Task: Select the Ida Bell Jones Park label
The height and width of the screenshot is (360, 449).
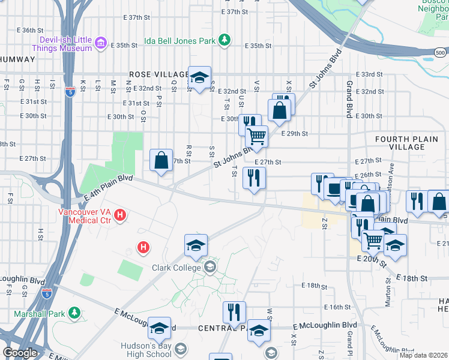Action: coord(179,41)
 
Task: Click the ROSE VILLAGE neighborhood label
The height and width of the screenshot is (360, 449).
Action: coord(151,74)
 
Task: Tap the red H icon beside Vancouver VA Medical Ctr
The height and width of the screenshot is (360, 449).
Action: coord(120,214)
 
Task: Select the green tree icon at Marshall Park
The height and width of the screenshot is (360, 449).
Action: coord(74,313)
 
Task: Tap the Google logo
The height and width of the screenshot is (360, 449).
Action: coord(19,353)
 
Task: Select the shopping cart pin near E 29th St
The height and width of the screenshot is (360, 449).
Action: coord(256,136)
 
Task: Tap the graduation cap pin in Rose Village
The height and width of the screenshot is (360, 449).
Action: coord(200,77)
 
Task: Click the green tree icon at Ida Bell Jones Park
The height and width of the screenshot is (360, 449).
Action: coord(224,40)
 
